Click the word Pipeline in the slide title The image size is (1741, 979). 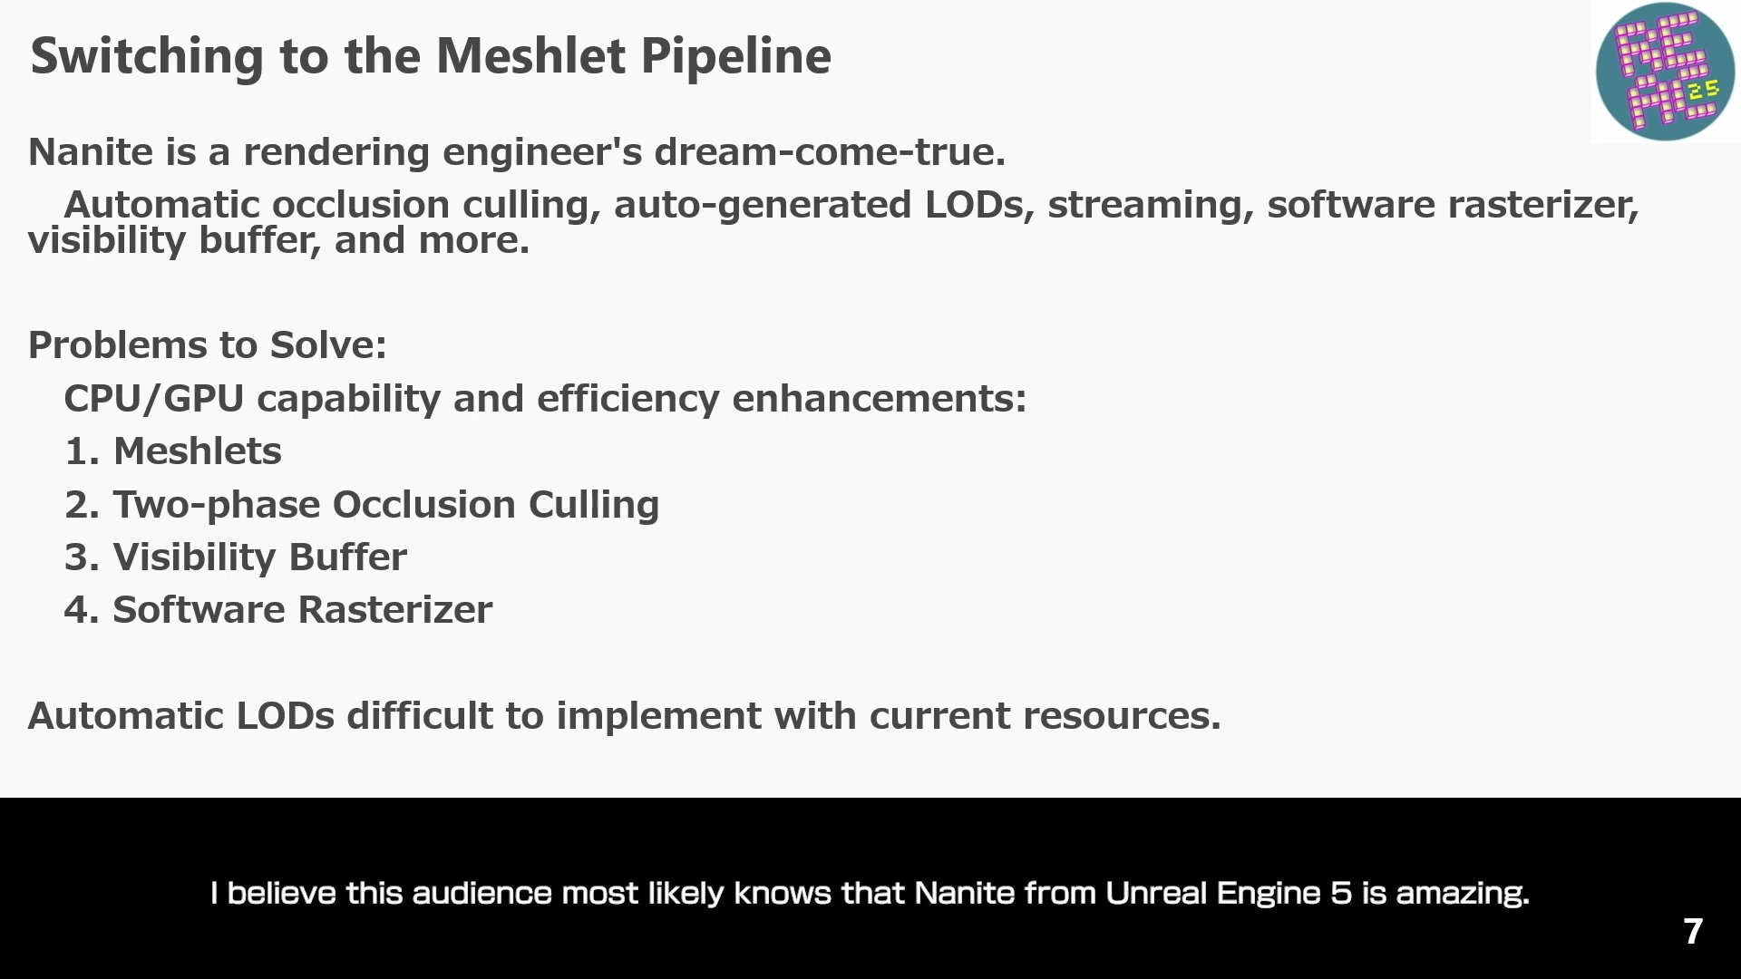click(735, 57)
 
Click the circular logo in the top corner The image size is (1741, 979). click(1665, 72)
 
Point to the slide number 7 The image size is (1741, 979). click(1693, 931)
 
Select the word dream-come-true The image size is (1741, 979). click(830, 151)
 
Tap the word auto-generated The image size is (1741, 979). click(763, 205)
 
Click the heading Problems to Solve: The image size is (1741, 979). click(208, 345)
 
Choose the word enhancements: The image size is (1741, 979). click(879, 399)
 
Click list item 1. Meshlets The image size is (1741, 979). click(172, 451)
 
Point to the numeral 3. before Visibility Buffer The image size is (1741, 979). click(82, 557)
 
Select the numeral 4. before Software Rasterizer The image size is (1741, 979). click(82, 610)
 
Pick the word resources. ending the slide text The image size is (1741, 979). click(1122, 717)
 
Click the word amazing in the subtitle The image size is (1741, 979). click(1462, 894)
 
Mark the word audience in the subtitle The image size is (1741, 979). click(481, 893)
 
